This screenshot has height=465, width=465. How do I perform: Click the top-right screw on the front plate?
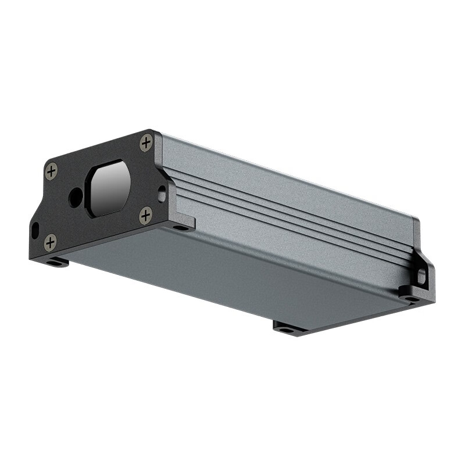tap(146, 142)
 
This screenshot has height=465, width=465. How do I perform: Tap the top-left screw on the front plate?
tap(51, 171)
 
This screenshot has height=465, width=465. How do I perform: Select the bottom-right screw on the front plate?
tap(145, 215)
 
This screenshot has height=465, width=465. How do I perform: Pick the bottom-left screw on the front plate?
tap(51, 242)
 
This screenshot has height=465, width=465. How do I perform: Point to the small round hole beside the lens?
tap(76, 197)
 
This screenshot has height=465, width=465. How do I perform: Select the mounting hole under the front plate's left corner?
tap(56, 263)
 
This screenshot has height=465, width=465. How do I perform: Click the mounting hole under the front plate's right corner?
tap(181, 227)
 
